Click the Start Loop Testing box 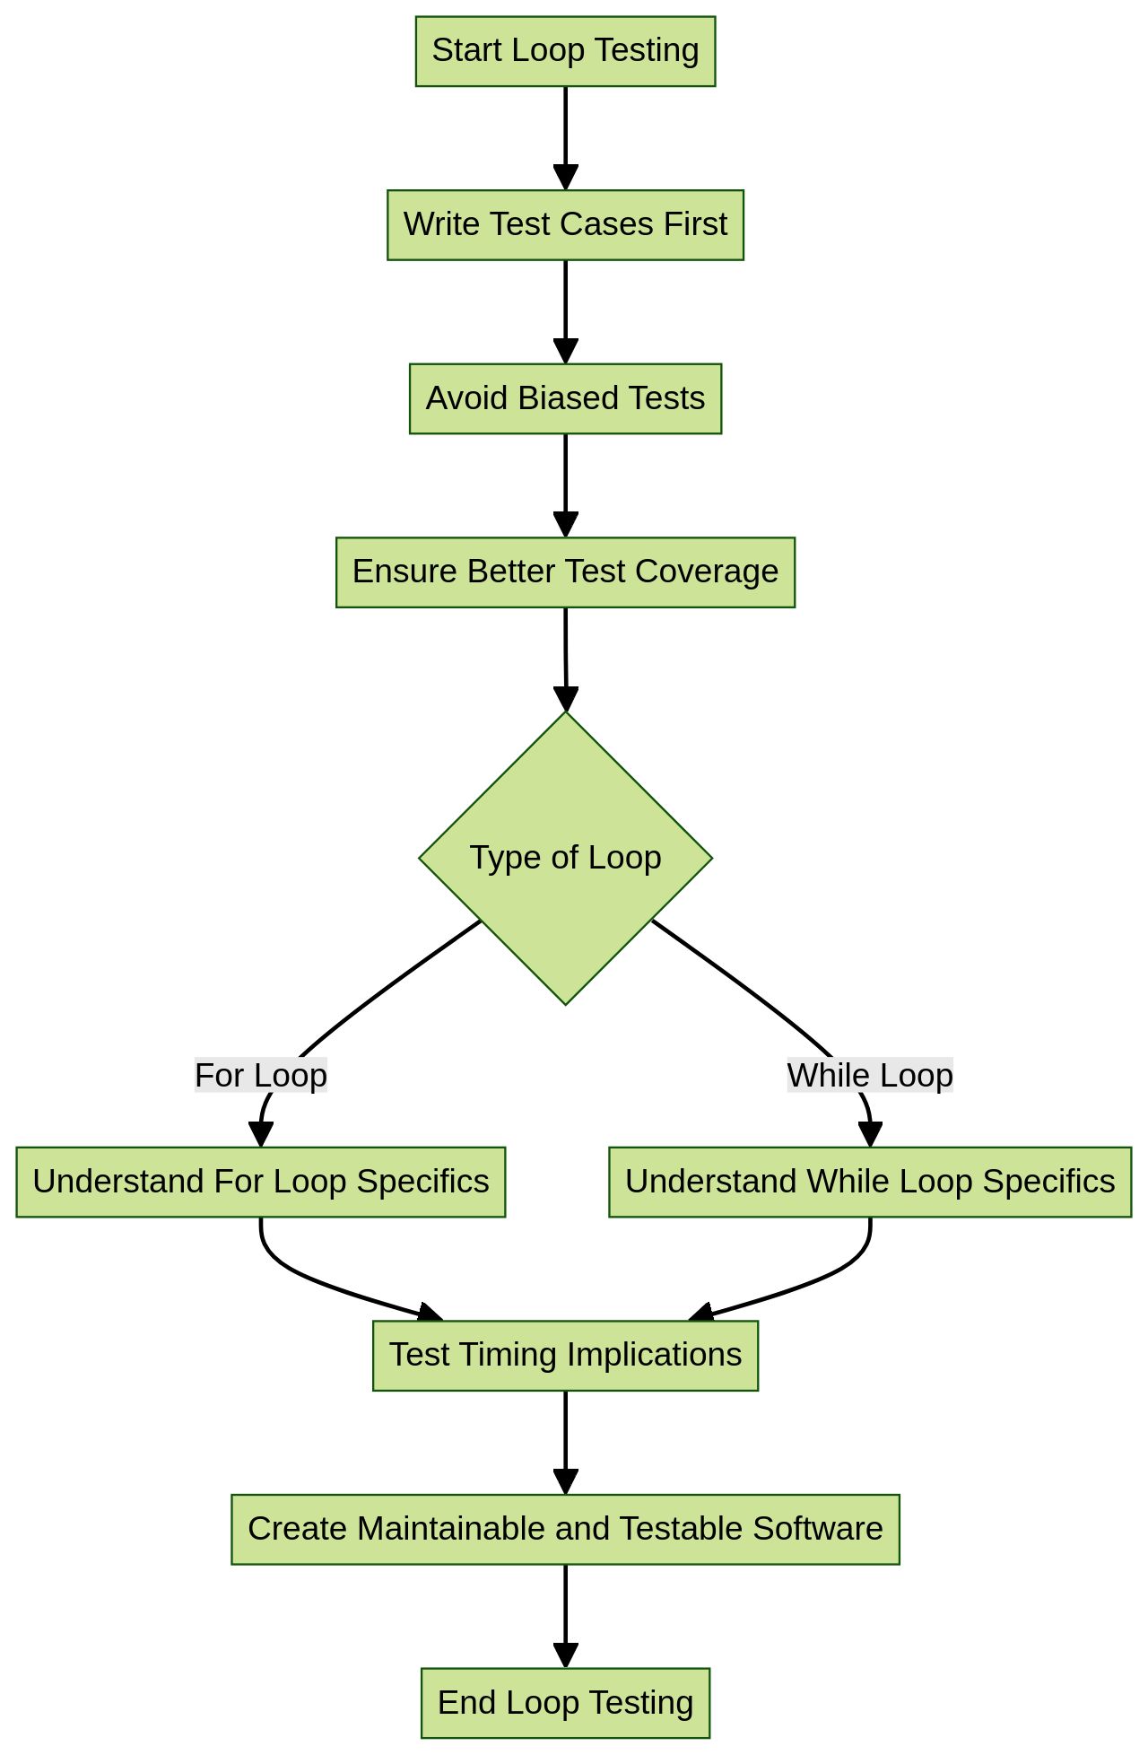click(565, 51)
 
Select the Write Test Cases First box click(565, 225)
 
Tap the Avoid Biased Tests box click(565, 399)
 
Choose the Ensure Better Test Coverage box click(565, 572)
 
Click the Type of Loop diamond click(565, 858)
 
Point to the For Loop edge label click(261, 1075)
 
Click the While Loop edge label click(869, 1075)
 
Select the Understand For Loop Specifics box click(260, 1182)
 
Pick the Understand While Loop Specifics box click(869, 1182)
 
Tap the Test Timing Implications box click(565, 1355)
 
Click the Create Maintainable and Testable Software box click(565, 1529)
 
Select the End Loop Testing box click(565, 1703)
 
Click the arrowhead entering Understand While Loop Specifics click(870, 1135)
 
